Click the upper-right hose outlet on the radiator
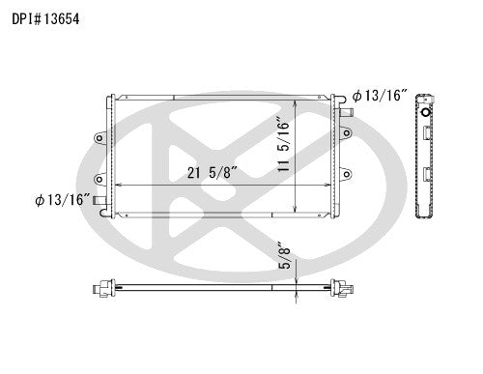click(345, 114)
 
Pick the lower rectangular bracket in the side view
click(427, 176)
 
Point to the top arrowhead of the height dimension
click(296, 101)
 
